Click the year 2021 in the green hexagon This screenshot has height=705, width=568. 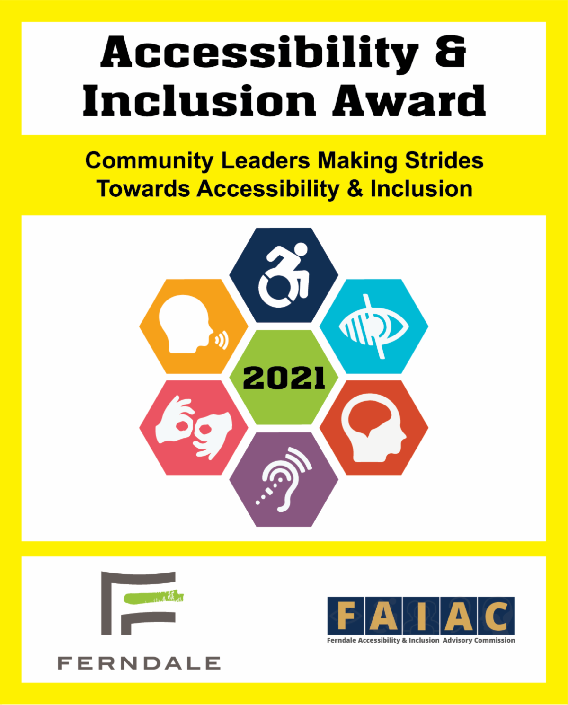[x=284, y=378]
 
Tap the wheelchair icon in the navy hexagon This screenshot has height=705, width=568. [x=284, y=276]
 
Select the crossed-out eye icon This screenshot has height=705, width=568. [x=373, y=326]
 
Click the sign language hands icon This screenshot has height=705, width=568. [x=194, y=428]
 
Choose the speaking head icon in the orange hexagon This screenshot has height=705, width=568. [x=194, y=324]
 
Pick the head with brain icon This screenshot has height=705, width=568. [x=373, y=428]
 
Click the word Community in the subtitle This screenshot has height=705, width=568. [x=149, y=161]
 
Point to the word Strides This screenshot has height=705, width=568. [x=444, y=160]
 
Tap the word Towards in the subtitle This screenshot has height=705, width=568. [x=143, y=189]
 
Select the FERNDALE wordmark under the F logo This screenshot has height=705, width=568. [x=139, y=663]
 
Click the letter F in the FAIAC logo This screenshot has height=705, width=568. [x=346, y=616]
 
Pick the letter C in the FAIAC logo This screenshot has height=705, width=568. [x=496, y=616]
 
